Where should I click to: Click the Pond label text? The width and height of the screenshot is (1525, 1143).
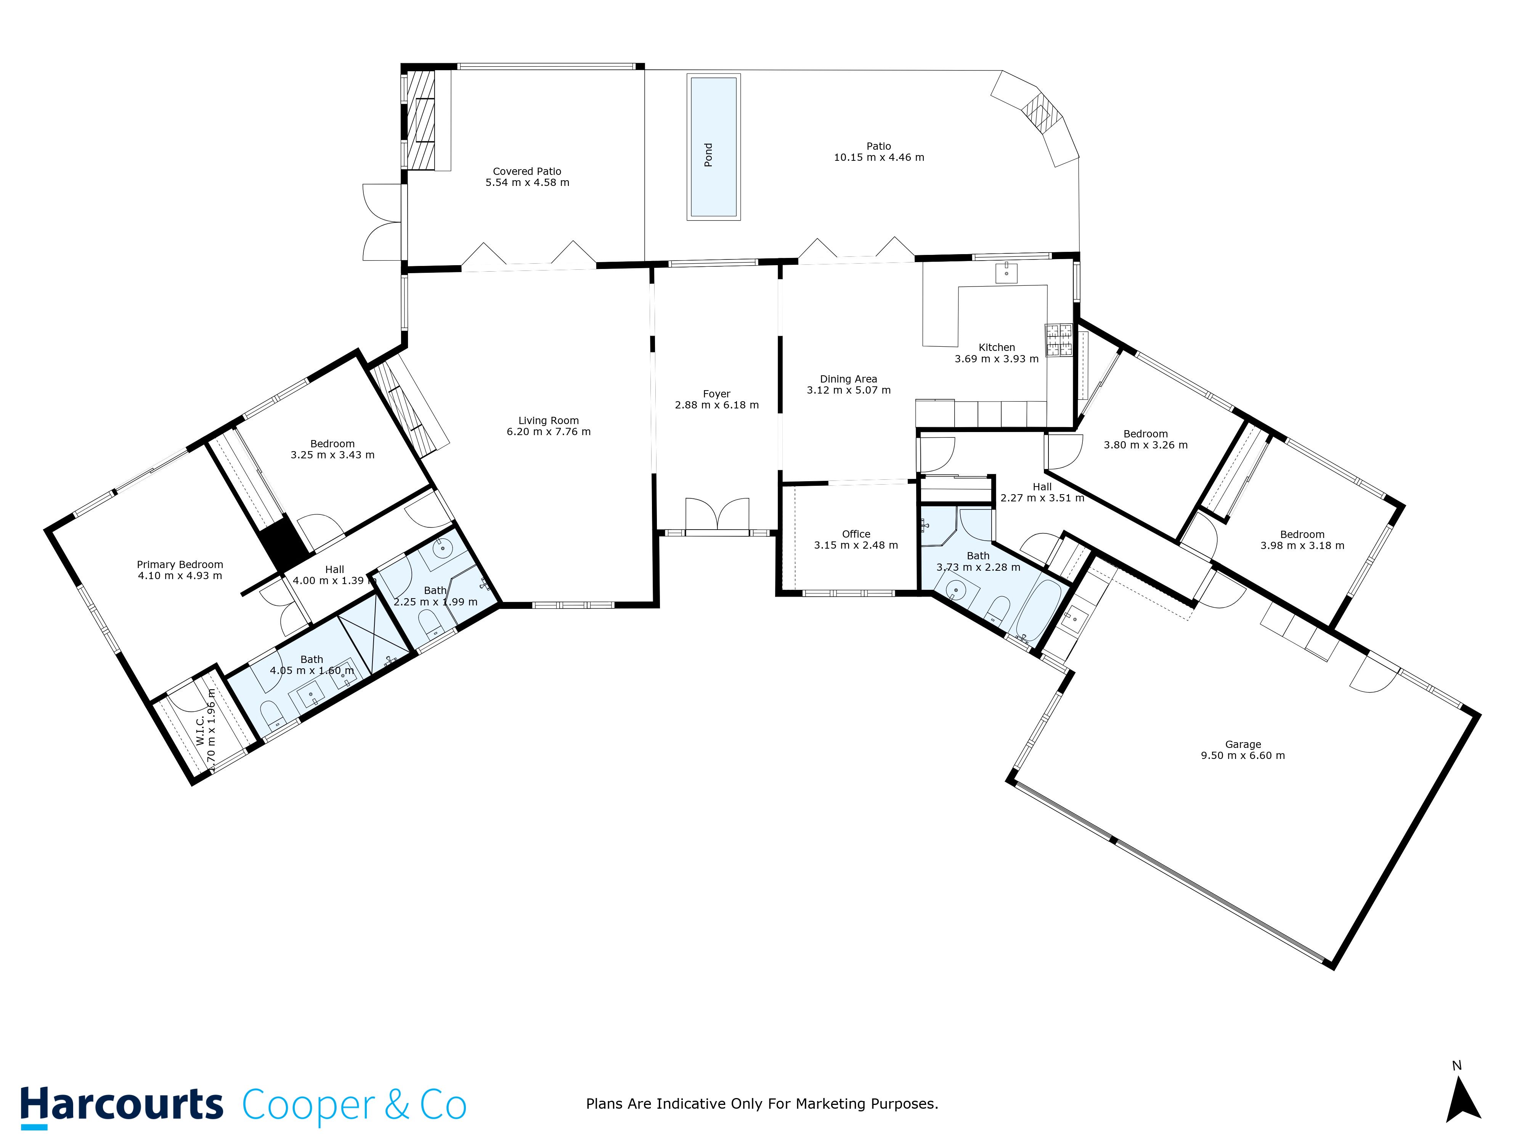(x=708, y=155)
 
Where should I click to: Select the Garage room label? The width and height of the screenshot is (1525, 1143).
(x=1242, y=744)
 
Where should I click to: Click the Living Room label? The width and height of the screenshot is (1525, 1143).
(x=548, y=420)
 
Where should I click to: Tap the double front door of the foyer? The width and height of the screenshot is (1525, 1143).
(x=717, y=515)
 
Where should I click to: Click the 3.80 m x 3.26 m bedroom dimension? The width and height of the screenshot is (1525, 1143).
(x=1145, y=445)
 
